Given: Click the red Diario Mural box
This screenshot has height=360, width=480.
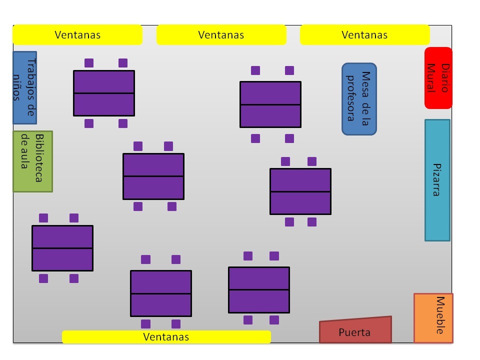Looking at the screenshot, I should pyautogui.click(x=438, y=78).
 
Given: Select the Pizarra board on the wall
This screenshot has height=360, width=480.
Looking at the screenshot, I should pyautogui.click(x=437, y=180).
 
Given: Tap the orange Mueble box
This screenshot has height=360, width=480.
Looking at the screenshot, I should pyautogui.click(x=433, y=318).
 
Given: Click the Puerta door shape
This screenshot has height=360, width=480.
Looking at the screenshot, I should pyautogui.click(x=355, y=330).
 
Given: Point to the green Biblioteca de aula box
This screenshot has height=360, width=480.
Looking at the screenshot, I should pyautogui.click(x=32, y=161).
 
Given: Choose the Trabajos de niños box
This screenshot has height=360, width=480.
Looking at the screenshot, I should pyautogui.click(x=24, y=87).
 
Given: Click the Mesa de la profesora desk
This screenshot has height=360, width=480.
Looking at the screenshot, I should pyautogui.click(x=359, y=99).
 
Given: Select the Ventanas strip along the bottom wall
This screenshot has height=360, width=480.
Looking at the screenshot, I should pyautogui.click(x=166, y=337).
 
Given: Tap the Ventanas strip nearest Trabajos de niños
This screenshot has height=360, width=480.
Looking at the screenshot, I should pyautogui.click(x=77, y=35).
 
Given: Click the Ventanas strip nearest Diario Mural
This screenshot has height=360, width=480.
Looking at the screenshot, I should pyautogui.click(x=364, y=35).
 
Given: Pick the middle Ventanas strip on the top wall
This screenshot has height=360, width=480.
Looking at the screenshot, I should pyautogui.click(x=221, y=35).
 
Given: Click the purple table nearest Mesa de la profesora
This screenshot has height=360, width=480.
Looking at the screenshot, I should pyautogui.click(x=270, y=104).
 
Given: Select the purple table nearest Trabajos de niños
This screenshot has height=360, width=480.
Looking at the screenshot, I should pyautogui.click(x=104, y=93).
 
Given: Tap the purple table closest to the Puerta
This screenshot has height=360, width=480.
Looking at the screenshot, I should pyautogui.click(x=259, y=290).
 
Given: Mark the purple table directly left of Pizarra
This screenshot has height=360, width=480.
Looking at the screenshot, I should pyautogui.click(x=300, y=191).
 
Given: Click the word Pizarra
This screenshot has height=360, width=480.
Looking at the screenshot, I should pyautogui.click(x=436, y=180).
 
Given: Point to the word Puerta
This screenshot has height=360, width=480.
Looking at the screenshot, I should pyautogui.click(x=354, y=332).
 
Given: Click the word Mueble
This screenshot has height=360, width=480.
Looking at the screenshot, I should pyautogui.click(x=440, y=315).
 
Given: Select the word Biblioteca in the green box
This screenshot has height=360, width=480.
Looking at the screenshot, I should pyautogui.click(x=38, y=158).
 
